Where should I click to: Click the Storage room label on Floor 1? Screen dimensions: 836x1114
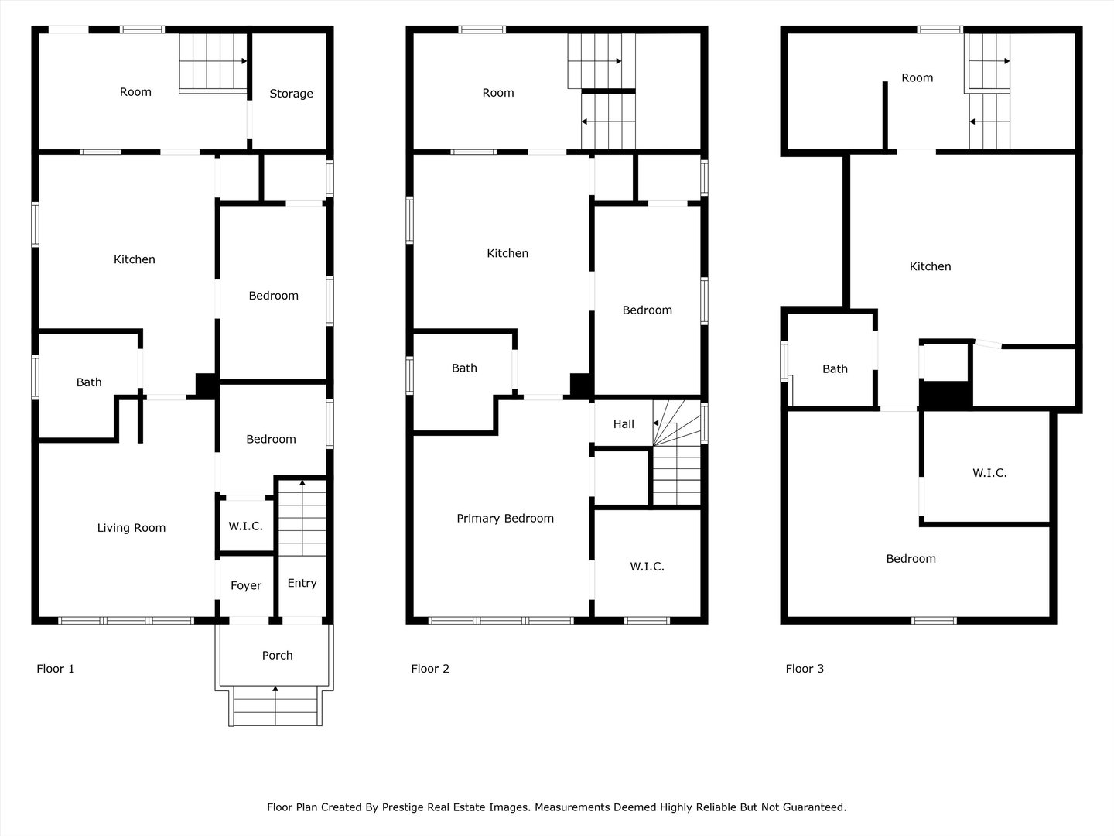[291, 94]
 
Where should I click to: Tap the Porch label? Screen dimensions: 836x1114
[277, 656]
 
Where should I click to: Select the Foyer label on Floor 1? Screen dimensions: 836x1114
[246, 586]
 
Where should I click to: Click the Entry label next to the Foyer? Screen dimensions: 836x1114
[302, 584]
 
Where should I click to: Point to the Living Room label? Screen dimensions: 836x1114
[131, 528]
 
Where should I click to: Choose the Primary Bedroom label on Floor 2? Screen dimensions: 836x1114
[505, 519]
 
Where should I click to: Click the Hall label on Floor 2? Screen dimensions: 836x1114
[624, 424]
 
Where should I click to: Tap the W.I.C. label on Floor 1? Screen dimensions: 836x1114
[245, 526]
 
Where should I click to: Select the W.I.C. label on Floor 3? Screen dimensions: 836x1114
[989, 473]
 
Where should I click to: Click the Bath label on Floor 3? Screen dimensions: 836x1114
[835, 369]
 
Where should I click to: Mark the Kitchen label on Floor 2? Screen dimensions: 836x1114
[507, 253]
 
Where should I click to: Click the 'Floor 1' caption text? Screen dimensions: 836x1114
[56, 669]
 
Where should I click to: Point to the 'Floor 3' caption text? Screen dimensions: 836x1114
[805, 669]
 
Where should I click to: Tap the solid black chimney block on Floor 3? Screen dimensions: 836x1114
[945, 395]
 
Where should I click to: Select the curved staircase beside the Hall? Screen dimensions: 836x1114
[677, 453]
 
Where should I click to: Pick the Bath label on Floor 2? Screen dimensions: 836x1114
[464, 368]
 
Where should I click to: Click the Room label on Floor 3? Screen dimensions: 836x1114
[917, 78]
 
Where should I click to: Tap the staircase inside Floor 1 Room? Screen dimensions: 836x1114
[212, 62]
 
